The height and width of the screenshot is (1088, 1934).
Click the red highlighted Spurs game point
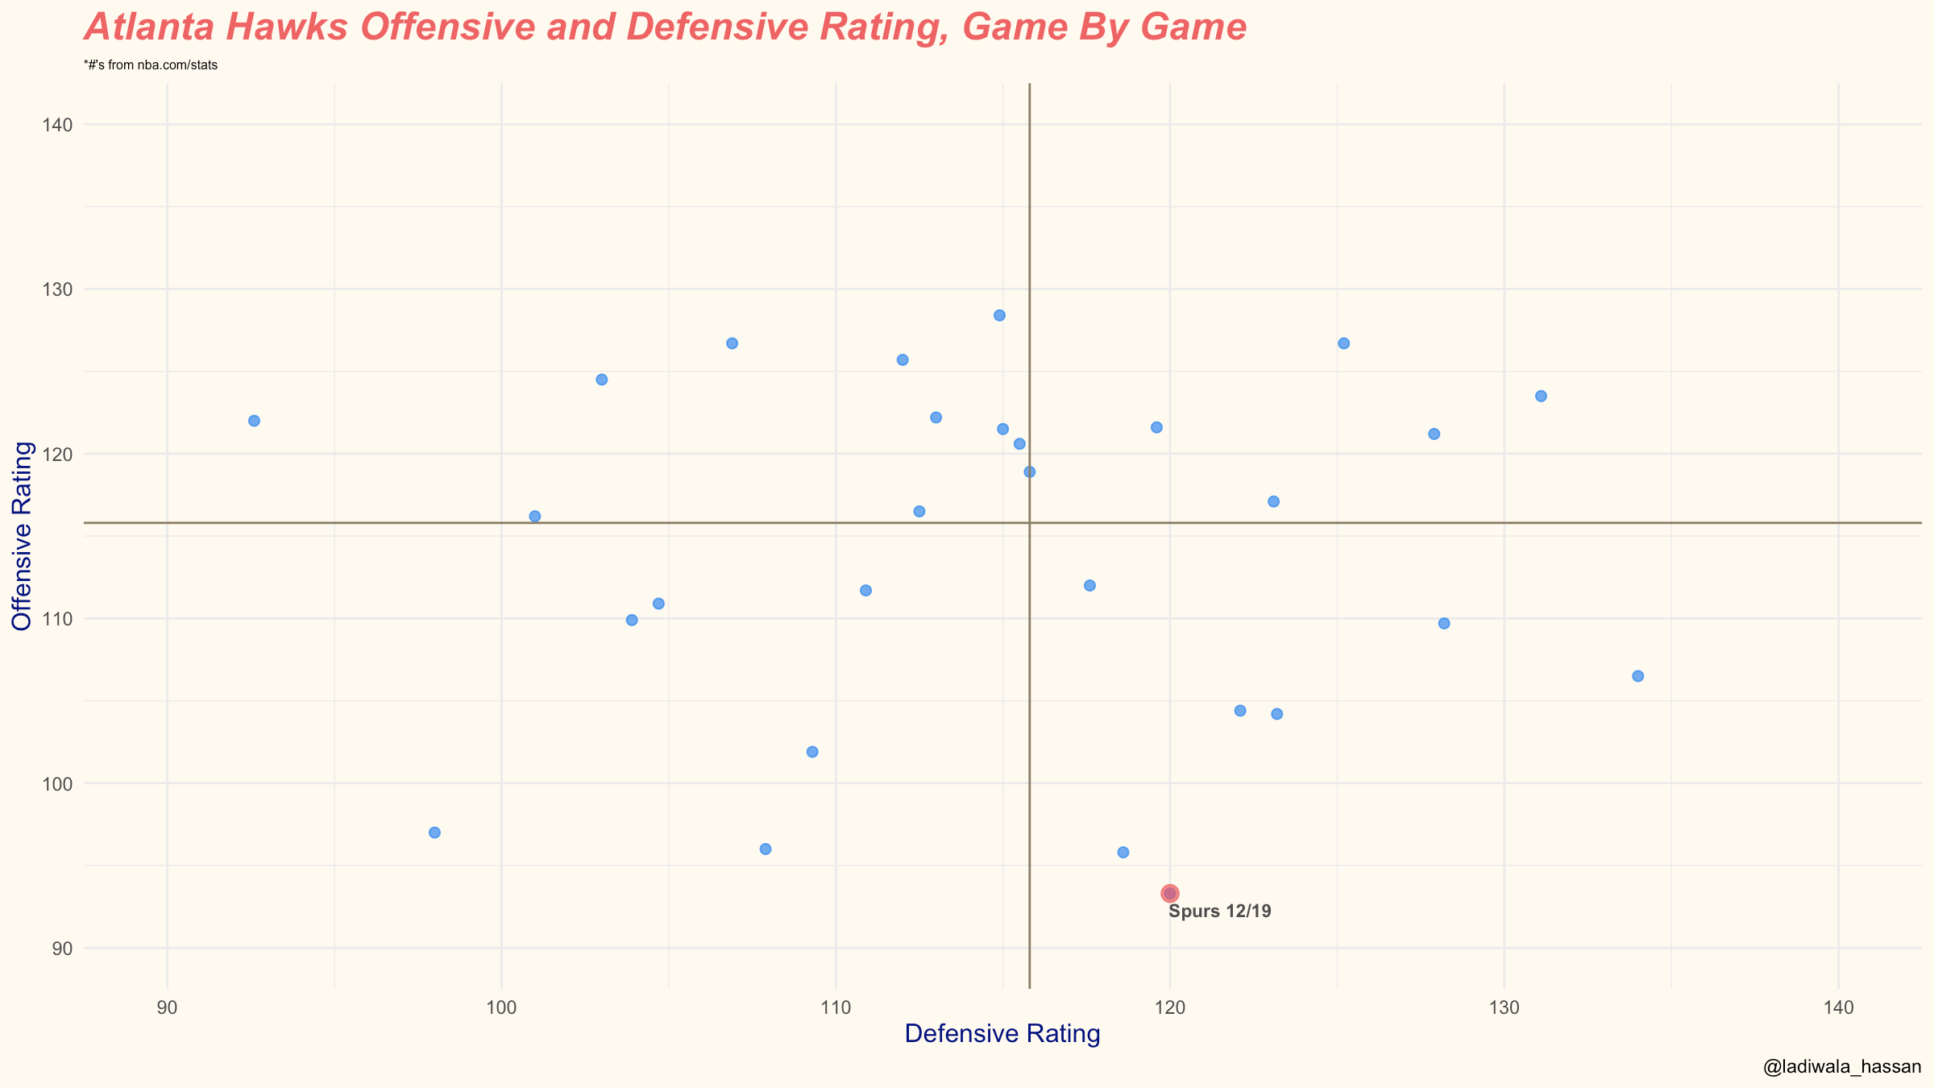[x=1170, y=893]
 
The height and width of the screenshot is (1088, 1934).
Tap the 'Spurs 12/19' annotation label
[x=1220, y=912]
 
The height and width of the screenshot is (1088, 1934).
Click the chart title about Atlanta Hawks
[x=666, y=27]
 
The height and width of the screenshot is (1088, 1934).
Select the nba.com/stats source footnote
[x=151, y=65]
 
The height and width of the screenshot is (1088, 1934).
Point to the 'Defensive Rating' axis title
[x=1002, y=1033]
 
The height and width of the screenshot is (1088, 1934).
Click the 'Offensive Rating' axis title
[x=22, y=536]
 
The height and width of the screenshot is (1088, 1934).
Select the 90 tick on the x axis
[x=167, y=1008]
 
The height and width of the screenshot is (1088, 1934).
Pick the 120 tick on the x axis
[x=1170, y=1008]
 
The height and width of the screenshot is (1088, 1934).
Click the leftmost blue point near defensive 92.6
[x=254, y=421]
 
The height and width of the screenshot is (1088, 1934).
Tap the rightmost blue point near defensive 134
[x=1637, y=676]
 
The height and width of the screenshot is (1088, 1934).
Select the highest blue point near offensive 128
[x=999, y=315]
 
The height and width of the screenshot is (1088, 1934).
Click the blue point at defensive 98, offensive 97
[x=434, y=833]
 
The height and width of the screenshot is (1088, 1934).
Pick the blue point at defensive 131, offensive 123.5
[x=1541, y=396]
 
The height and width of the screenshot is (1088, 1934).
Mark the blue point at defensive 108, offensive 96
[x=766, y=849]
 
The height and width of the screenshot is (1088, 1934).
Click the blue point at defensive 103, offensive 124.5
[x=601, y=380]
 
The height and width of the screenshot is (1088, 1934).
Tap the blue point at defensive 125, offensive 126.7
[x=1343, y=343]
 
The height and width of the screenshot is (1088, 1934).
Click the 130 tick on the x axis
[x=1504, y=1008]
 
